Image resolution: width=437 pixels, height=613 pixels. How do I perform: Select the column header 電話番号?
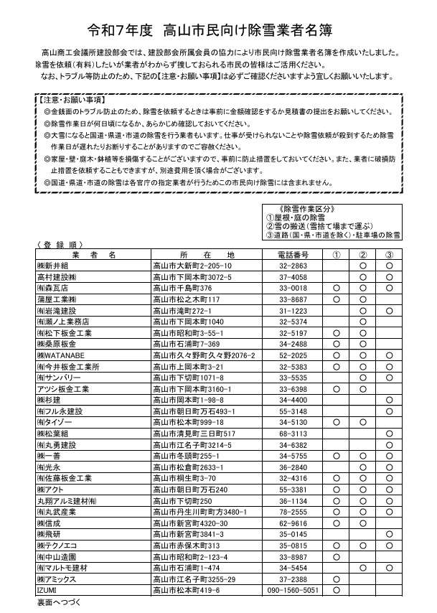tap(292, 255)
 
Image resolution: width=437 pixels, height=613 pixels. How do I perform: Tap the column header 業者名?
tap(93, 255)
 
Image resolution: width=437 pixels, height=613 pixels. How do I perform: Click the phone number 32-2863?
tap(293, 266)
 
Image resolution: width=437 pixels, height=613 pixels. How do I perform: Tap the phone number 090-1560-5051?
tap(293, 590)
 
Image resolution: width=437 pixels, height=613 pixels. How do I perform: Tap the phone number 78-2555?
tap(293, 512)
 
